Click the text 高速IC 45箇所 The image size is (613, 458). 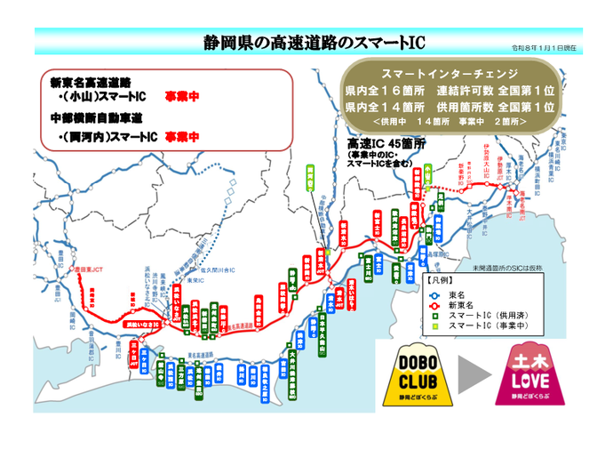(x=386, y=142)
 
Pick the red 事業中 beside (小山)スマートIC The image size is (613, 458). (x=181, y=95)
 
